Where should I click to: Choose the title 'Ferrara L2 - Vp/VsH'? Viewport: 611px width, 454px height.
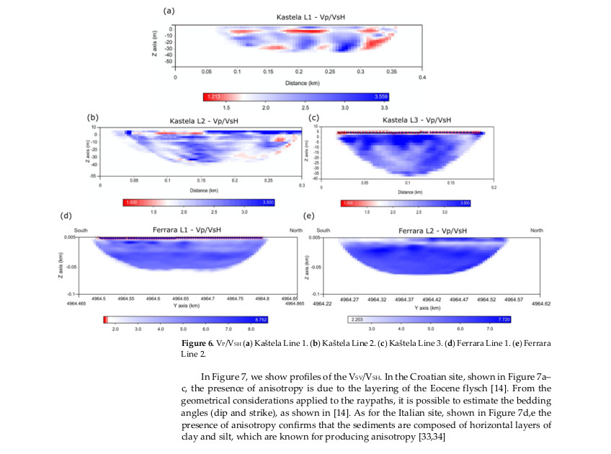(x=432, y=231)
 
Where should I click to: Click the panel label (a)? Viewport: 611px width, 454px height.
(x=169, y=11)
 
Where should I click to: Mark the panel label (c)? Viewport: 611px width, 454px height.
(x=313, y=117)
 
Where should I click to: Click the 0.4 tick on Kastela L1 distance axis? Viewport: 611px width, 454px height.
(x=424, y=76)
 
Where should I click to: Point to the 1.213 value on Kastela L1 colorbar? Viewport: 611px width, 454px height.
(x=213, y=95)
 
